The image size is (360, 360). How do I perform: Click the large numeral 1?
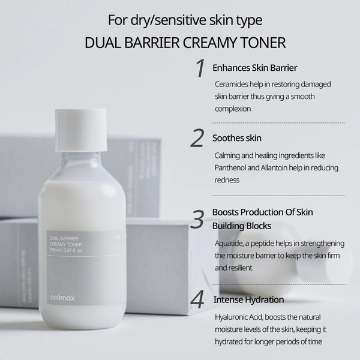[200, 68]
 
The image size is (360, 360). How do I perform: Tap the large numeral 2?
[197, 137]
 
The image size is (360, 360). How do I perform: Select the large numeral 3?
[197, 220]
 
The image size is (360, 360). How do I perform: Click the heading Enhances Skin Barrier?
[255, 67]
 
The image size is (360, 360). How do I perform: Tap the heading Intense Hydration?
[248, 299]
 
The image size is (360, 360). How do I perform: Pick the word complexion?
[233, 109]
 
